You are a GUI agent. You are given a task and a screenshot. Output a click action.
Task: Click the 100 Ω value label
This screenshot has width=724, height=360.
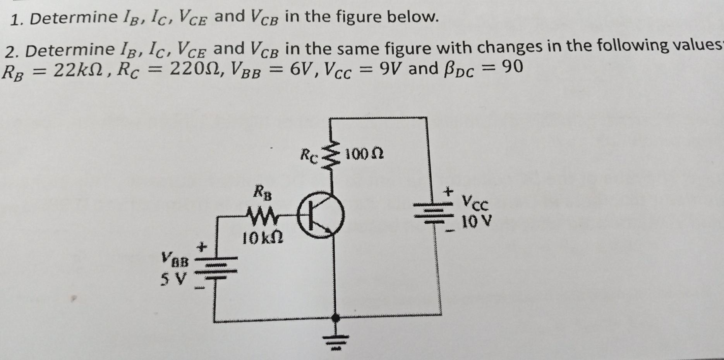(364, 154)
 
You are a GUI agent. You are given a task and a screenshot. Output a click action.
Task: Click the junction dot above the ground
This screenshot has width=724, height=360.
(336, 318)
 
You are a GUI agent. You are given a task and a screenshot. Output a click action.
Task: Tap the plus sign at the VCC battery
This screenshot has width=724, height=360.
(448, 191)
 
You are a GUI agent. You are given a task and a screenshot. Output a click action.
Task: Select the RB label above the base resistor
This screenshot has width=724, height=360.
(262, 192)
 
